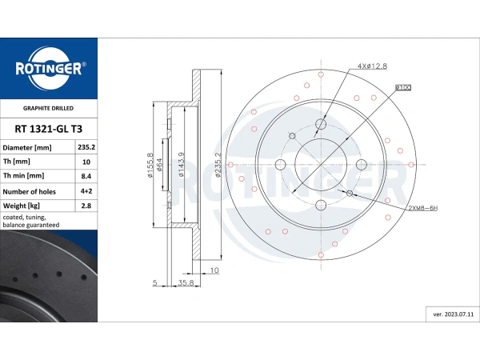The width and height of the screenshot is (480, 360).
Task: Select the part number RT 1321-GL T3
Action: tap(48, 129)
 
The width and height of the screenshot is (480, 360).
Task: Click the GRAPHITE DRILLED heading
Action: tap(48, 108)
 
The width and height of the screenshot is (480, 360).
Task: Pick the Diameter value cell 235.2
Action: tap(86, 147)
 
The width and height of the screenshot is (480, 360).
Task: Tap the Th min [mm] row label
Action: tap(23, 176)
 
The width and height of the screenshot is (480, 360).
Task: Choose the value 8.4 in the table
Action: tap(86, 176)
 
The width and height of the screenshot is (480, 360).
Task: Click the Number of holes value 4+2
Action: tap(86, 191)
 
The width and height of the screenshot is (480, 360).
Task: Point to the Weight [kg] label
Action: tap(22, 206)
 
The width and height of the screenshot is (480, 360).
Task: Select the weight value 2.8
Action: tap(86, 206)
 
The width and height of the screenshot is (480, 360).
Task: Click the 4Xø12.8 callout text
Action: tap(372, 66)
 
